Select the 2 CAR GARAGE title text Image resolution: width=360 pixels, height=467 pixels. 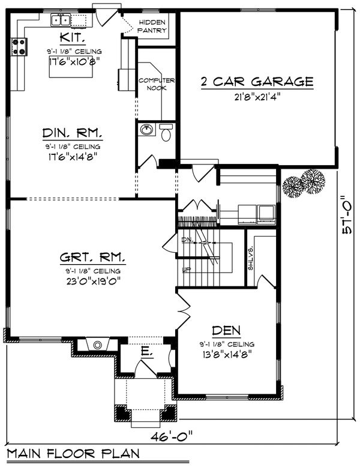256,81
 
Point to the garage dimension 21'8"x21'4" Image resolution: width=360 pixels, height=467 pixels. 256,95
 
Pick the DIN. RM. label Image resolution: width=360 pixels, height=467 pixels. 71,133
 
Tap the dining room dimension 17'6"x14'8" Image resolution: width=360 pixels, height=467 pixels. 71,157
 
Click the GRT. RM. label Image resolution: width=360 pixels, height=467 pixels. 92,259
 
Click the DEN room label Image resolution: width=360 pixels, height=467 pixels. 226,330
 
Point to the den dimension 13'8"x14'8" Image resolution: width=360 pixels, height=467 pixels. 226,354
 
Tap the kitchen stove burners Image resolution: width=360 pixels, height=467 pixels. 18,47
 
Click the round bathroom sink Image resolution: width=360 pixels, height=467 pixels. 146,130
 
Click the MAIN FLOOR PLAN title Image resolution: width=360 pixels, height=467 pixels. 72,453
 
